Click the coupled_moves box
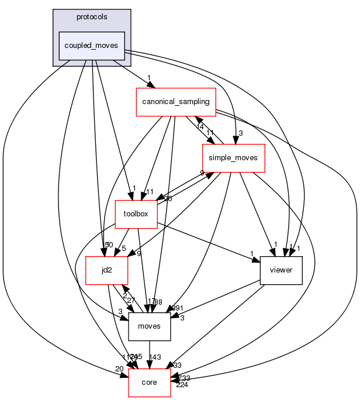91,45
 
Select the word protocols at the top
91,16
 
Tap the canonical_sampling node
176,102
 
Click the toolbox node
136,214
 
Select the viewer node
281,270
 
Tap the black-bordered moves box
149,326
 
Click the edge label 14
199,127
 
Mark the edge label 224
183,385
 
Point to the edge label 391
177,309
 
